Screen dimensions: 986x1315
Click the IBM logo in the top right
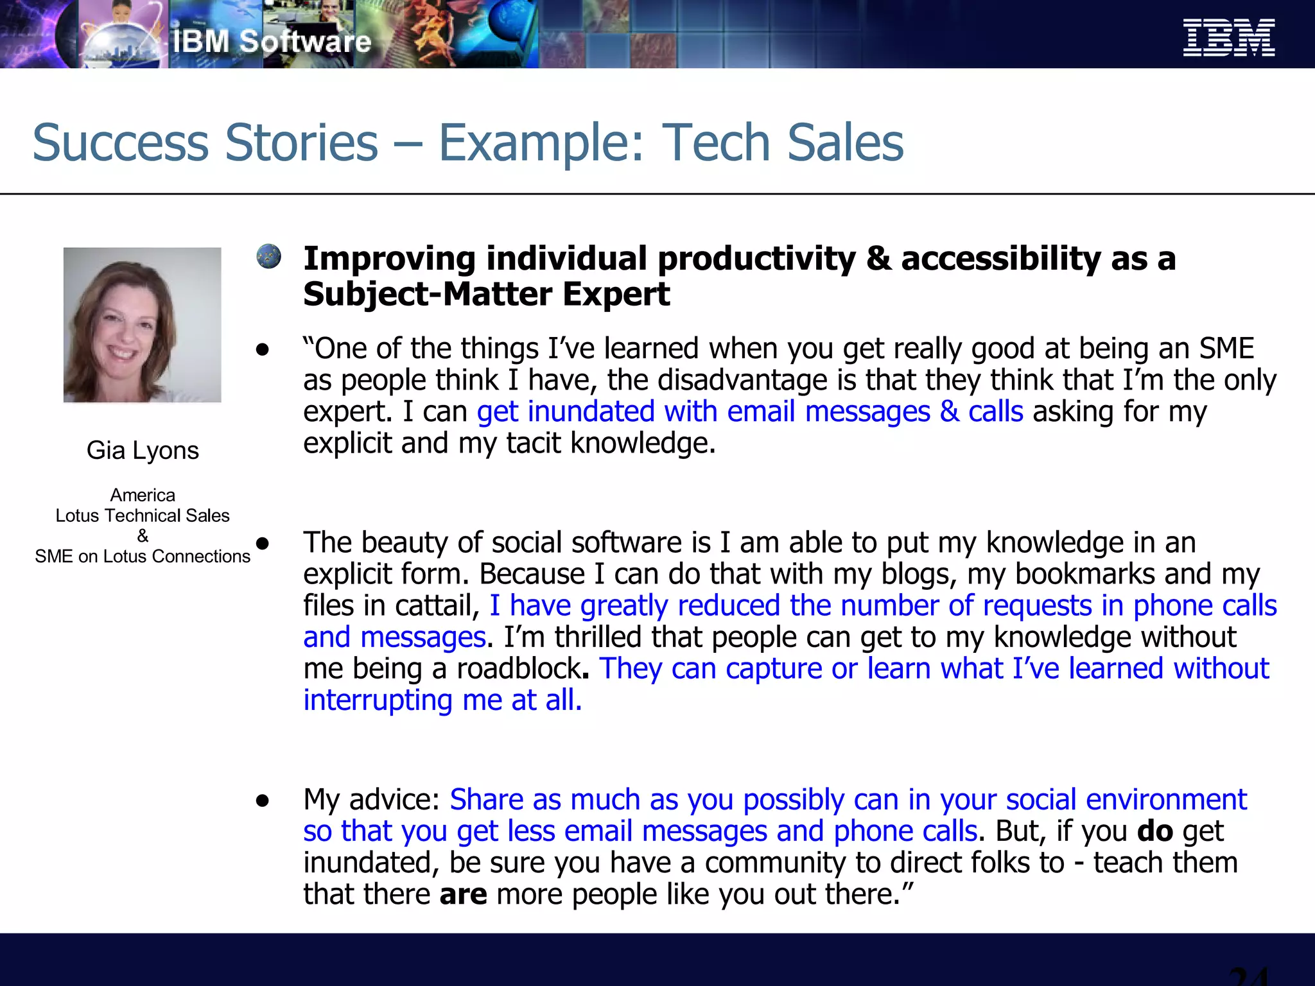tap(1228, 38)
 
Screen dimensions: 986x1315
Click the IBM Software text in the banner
tap(272, 42)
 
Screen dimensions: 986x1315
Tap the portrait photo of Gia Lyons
tap(142, 325)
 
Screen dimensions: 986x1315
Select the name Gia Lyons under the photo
tap(143, 451)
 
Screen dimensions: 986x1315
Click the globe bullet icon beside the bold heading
tap(268, 256)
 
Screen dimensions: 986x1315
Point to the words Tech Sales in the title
tap(782, 143)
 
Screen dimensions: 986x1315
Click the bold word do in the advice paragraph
tap(1154, 831)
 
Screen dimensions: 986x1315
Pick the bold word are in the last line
tap(463, 894)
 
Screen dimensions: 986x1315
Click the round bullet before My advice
tap(262, 801)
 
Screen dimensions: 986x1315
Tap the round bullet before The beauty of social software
tap(262, 544)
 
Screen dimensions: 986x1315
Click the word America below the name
tap(143, 495)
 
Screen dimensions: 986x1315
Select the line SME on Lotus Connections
tap(143, 557)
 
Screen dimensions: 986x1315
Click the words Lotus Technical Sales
tap(143, 515)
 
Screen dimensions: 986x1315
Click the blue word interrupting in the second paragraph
tap(378, 700)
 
